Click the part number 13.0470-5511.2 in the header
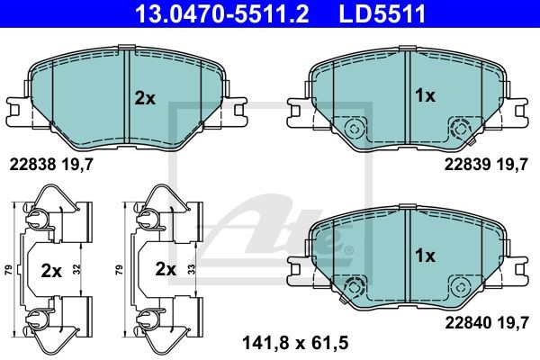[x=222, y=13]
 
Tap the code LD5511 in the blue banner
[x=382, y=13]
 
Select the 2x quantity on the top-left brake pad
[x=145, y=98]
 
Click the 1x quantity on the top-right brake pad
[x=426, y=95]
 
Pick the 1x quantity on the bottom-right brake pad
[x=426, y=256]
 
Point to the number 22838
[x=32, y=165]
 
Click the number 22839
[x=467, y=165]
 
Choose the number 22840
[x=468, y=323]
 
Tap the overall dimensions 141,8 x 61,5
[x=295, y=343]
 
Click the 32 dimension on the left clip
[x=76, y=269]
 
